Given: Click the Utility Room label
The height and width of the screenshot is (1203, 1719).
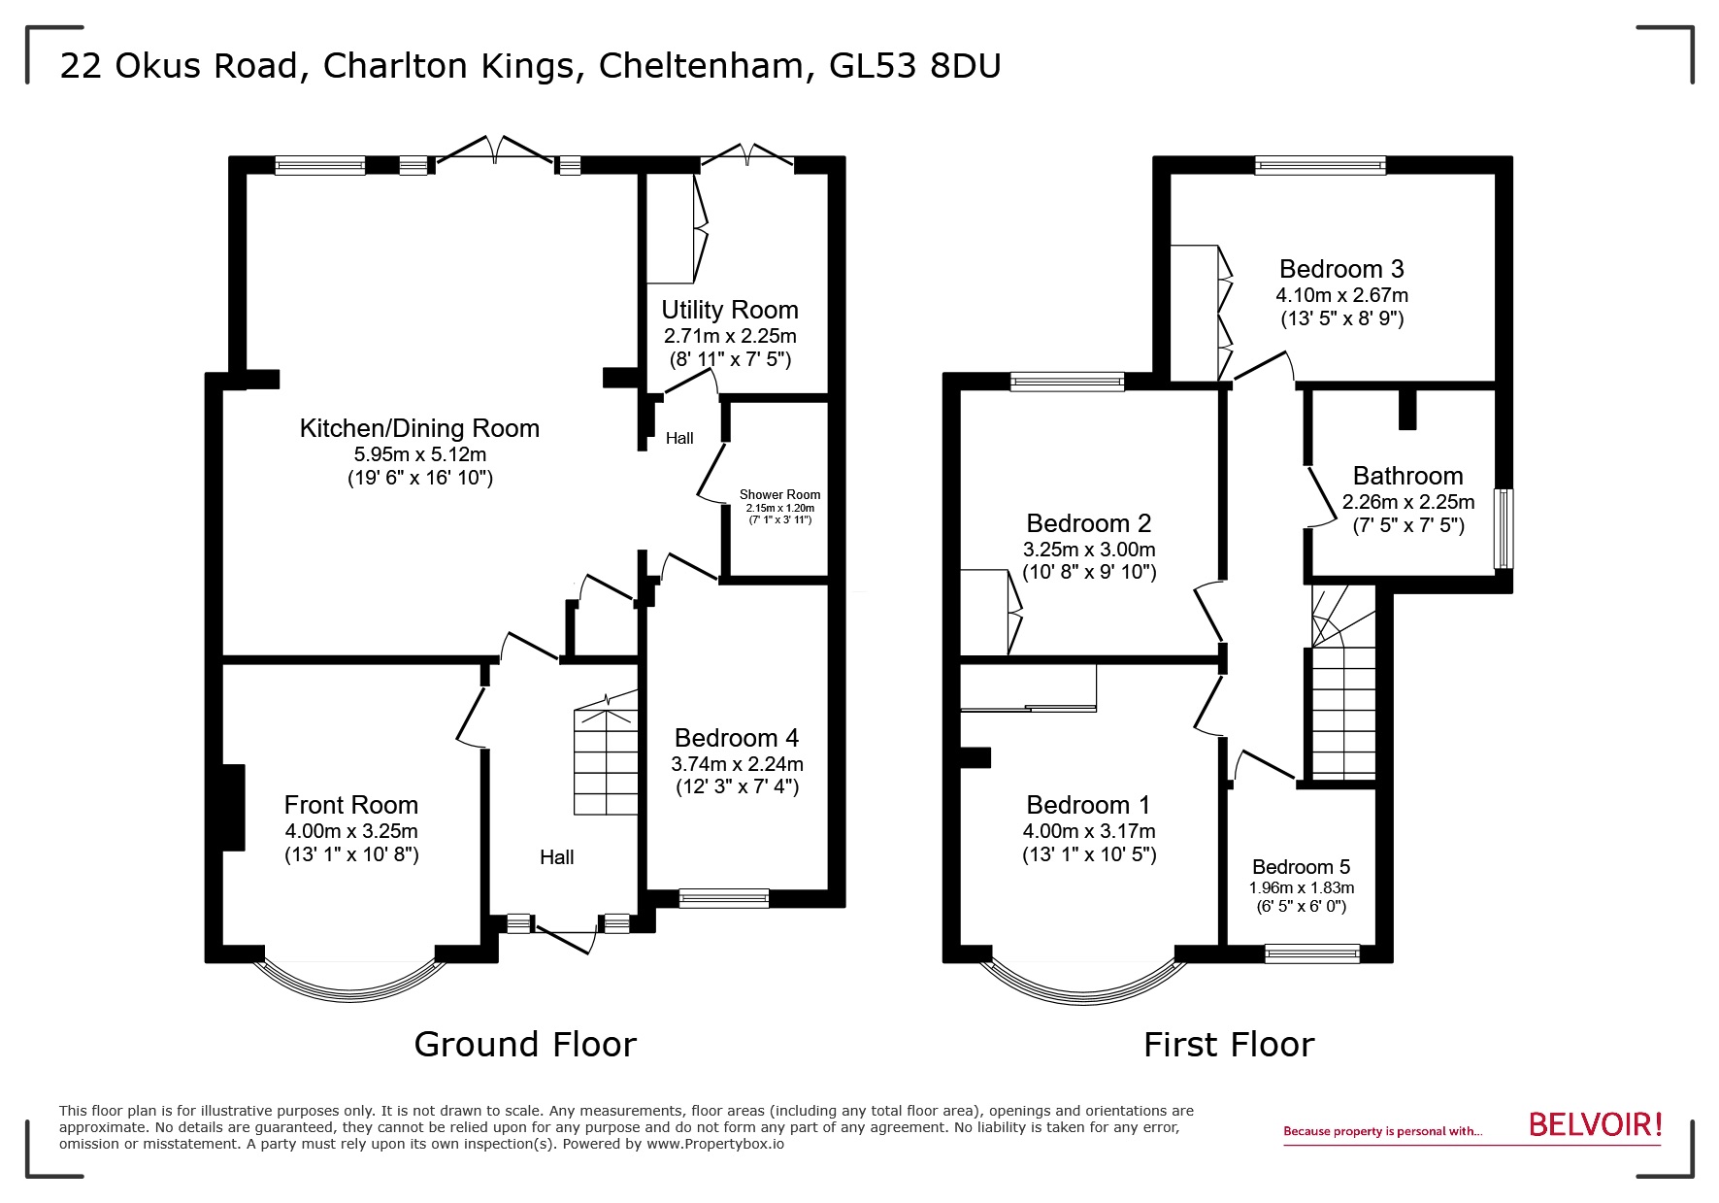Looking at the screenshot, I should pyautogui.click(x=729, y=310).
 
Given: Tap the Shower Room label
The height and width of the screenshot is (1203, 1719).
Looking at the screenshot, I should pyautogui.click(x=779, y=494).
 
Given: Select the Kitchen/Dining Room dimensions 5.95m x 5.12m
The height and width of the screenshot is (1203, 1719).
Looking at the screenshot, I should pyautogui.click(x=419, y=453).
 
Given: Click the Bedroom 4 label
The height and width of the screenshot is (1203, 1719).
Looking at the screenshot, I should pyautogui.click(x=736, y=738).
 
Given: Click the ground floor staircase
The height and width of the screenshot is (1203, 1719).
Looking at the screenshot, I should pyautogui.click(x=607, y=762).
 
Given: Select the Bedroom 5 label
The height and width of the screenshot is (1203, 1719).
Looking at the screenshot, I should pyautogui.click(x=1301, y=867).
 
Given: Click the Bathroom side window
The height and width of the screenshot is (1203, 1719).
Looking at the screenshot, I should pyautogui.click(x=1503, y=528).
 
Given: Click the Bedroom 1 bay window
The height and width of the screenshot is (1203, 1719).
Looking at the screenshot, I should pyautogui.click(x=1083, y=985).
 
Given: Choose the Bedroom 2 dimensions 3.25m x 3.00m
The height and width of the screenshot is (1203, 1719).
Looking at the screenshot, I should pyautogui.click(x=1088, y=549).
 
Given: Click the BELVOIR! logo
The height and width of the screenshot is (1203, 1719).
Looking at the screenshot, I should pyautogui.click(x=1595, y=1124).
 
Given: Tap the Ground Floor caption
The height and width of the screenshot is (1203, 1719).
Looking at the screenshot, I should pyautogui.click(x=525, y=1045).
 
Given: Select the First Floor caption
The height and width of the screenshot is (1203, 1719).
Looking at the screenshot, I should pyautogui.click(x=1228, y=1045).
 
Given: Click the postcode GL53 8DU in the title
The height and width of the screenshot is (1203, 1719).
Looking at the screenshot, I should pyautogui.click(x=915, y=66).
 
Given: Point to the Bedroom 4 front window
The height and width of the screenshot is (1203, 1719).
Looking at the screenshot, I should pyautogui.click(x=724, y=898).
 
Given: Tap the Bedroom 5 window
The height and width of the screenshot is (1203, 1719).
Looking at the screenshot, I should pyautogui.click(x=1311, y=953).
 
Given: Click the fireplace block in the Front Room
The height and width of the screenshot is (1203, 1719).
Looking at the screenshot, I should pyautogui.click(x=234, y=807).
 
